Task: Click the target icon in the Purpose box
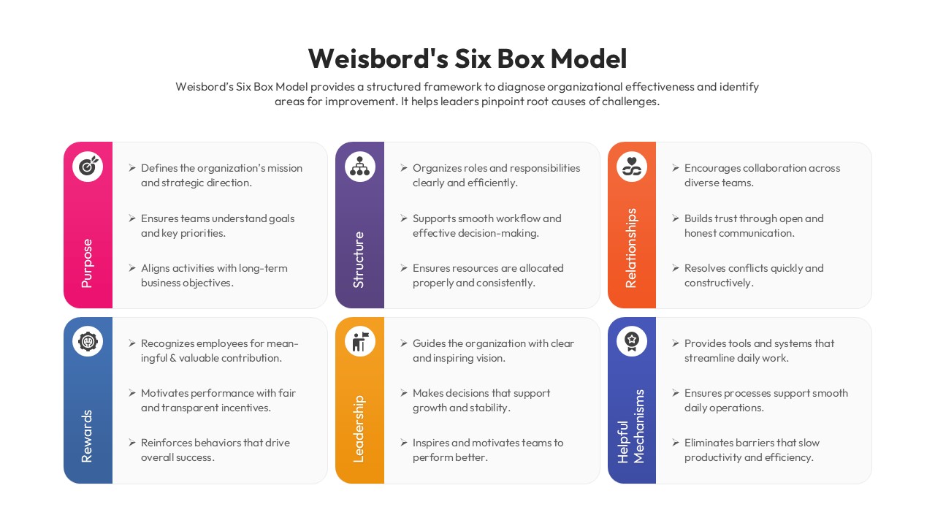[x=88, y=167]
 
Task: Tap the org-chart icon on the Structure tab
[x=359, y=167]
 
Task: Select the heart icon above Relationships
[x=632, y=167]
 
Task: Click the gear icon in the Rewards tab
[x=88, y=341]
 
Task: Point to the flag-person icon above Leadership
[x=359, y=341]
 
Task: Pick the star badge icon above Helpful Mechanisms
[x=632, y=341]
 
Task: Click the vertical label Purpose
[x=87, y=262]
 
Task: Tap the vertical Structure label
[x=359, y=259]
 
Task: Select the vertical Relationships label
[x=631, y=248]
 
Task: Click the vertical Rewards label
[x=87, y=436]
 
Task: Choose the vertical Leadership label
[x=359, y=429]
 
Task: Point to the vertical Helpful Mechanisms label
[x=631, y=427]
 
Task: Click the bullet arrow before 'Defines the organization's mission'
[x=132, y=168]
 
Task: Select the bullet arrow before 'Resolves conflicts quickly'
[x=676, y=268]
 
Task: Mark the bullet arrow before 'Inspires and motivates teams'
[x=404, y=443]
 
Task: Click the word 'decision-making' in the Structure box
[x=497, y=233]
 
